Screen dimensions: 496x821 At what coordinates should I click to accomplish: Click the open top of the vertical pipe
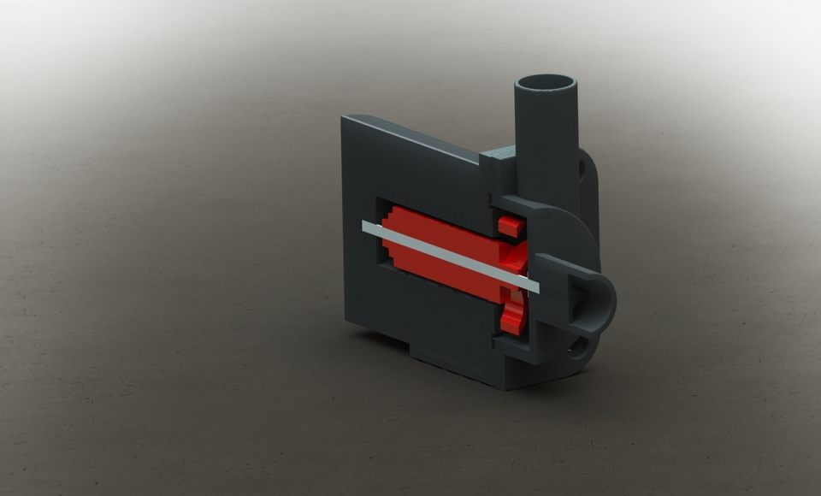(x=545, y=84)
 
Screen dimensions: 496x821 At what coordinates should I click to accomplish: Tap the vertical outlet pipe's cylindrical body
(x=546, y=145)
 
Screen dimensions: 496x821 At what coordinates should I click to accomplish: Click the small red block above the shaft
(x=511, y=226)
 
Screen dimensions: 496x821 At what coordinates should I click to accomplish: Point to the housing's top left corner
(x=345, y=118)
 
